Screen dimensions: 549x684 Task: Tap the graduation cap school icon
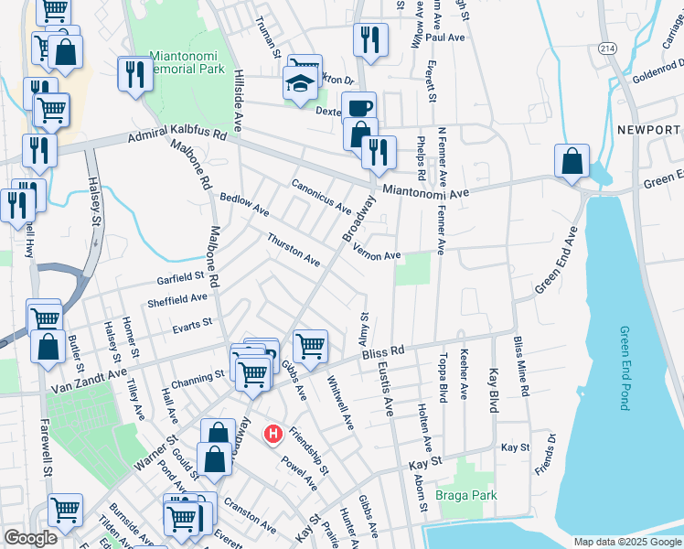coord(299,84)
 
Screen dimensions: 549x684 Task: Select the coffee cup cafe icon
coord(358,107)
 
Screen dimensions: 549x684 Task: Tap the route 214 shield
coord(607,48)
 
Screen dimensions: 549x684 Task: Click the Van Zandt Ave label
coord(90,375)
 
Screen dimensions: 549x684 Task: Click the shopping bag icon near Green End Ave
coord(572,161)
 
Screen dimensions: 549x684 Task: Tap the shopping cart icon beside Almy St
coord(310,346)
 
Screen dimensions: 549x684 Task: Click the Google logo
coord(30,538)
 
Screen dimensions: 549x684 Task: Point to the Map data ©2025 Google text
coord(625,542)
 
